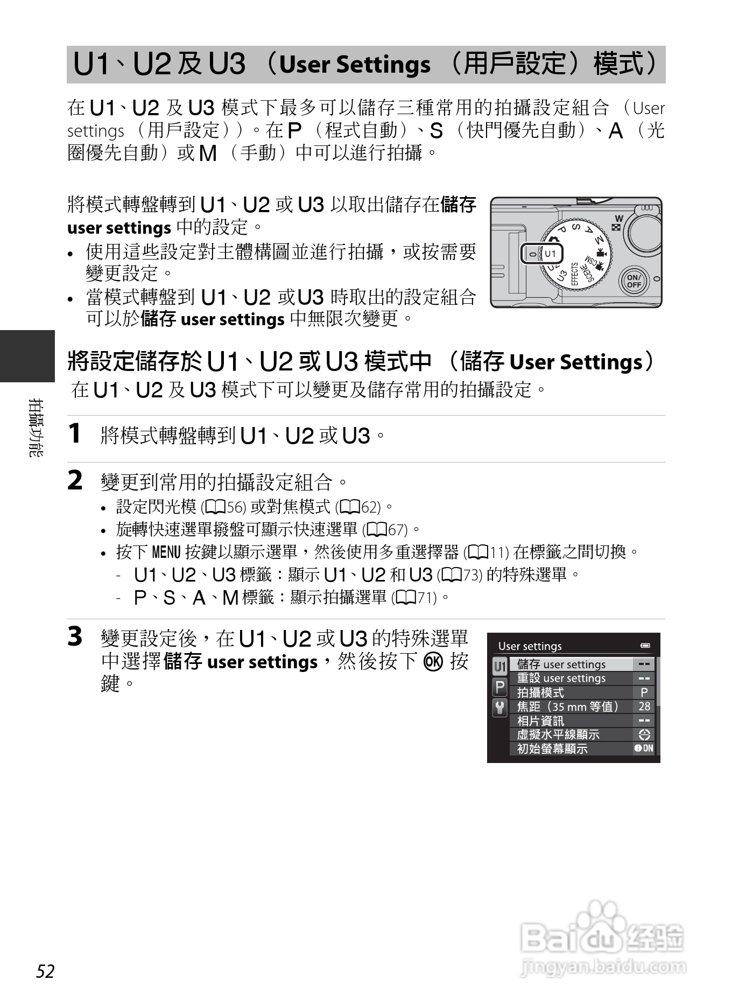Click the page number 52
tap(46, 971)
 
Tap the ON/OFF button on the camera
tap(634, 281)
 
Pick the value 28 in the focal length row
tap(644, 706)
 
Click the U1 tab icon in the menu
tap(500, 667)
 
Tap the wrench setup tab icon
tap(500, 708)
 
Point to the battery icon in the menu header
tap(645, 646)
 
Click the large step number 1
tap(75, 434)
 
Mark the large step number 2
tap(75, 480)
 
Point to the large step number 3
tap(75, 636)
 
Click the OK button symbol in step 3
tap(433, 661)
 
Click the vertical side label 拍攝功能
tap(36, 428)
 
